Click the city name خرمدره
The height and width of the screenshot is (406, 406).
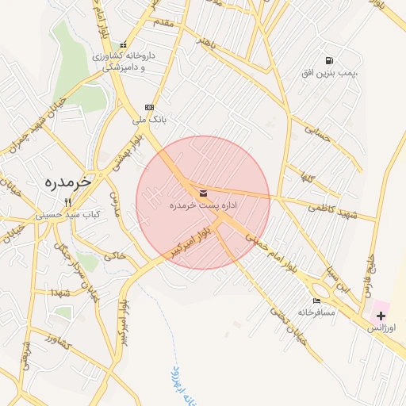66,182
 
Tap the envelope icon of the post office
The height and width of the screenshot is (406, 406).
203,193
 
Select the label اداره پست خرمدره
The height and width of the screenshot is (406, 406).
203,205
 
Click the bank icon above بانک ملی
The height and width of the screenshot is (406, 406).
148,107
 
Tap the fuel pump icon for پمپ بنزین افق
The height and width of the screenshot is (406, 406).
328,60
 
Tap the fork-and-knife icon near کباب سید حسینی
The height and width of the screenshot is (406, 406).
67,202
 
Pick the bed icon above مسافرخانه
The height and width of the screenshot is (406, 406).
317,301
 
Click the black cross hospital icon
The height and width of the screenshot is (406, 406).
381,316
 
